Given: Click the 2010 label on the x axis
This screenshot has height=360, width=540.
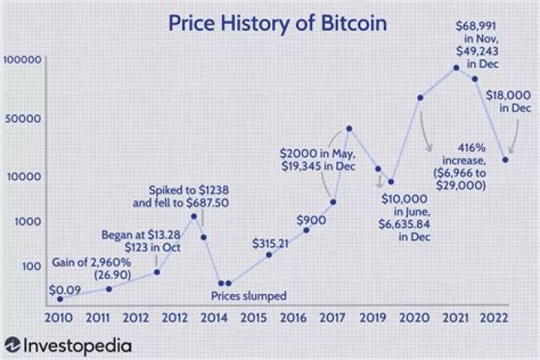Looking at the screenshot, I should coord(58,318).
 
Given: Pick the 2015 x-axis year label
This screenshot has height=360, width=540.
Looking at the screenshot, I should coord(252,318).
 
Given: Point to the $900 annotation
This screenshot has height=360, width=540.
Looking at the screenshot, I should coord(310,220).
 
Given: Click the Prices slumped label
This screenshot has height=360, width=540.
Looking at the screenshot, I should coord(248,296).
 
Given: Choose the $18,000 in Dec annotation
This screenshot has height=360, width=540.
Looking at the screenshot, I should coord(508,101).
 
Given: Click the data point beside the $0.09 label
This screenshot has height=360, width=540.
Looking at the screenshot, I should coord(60,298).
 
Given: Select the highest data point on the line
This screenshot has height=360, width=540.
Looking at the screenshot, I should coord(457,68).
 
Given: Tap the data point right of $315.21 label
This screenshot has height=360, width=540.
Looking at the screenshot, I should coord(306,230).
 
